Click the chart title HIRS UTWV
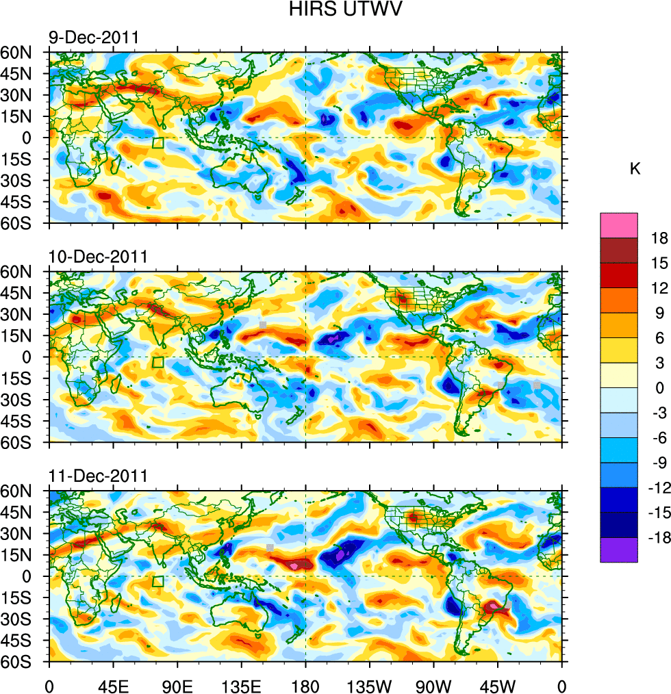click(x=335, y=10)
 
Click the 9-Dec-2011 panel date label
click(x=92, y=38)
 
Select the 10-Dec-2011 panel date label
click(x=97, y=257)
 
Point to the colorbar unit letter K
click(x=635, y=168)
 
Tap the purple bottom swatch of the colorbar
click(x=619, y=550)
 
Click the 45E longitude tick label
click(x=113, y=684)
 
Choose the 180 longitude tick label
click(x=305, y=684)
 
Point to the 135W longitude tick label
click(x=370, y=684)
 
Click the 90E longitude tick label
click(x=177, y=684)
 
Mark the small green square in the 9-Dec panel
click(x=158, y=143)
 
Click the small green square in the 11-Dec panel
click(x=158, y=582)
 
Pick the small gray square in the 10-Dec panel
click(x=263, y=324)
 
